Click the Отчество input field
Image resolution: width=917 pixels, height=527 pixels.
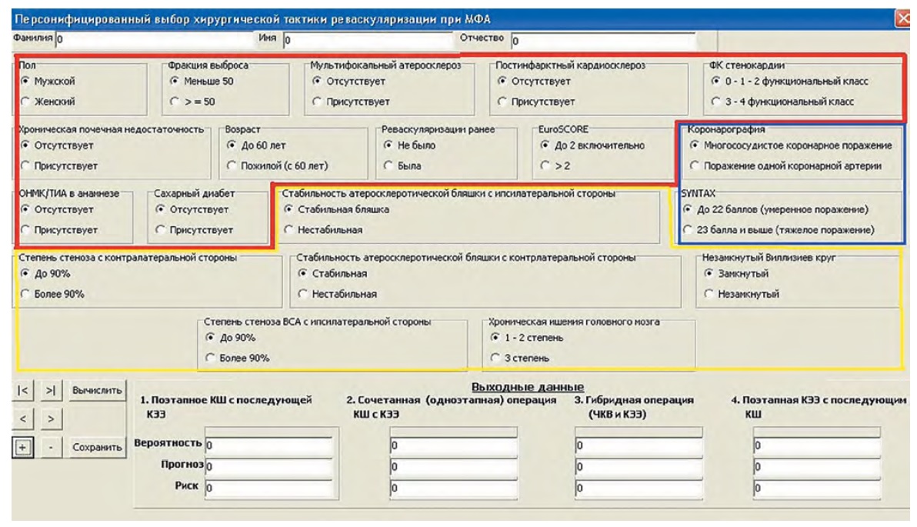(602, 37)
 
